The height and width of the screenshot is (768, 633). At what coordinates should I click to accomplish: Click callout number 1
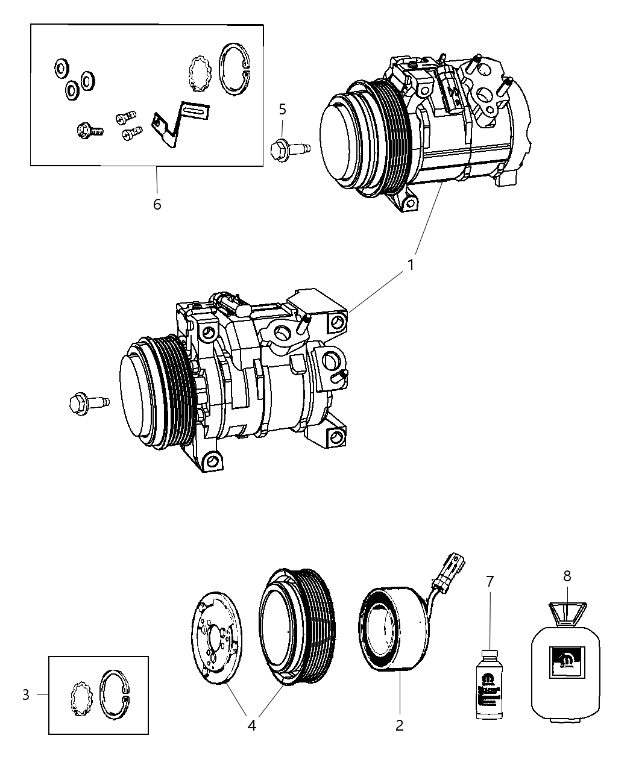coord(411,264)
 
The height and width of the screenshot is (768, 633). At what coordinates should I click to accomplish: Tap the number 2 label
coord(399,725)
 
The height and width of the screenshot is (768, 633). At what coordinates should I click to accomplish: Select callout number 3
coord(25,695)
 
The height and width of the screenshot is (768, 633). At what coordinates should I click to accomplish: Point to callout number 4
coord(252,726)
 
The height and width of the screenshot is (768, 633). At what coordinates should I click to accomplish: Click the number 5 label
coord(282,109)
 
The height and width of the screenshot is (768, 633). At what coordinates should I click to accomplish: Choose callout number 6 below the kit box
coord(157,204)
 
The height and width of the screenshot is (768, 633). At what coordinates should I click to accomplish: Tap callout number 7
coord(490,581)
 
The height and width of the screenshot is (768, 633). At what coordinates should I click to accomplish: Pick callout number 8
coord(567,576)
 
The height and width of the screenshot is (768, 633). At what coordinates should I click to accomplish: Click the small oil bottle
coord(489,684)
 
